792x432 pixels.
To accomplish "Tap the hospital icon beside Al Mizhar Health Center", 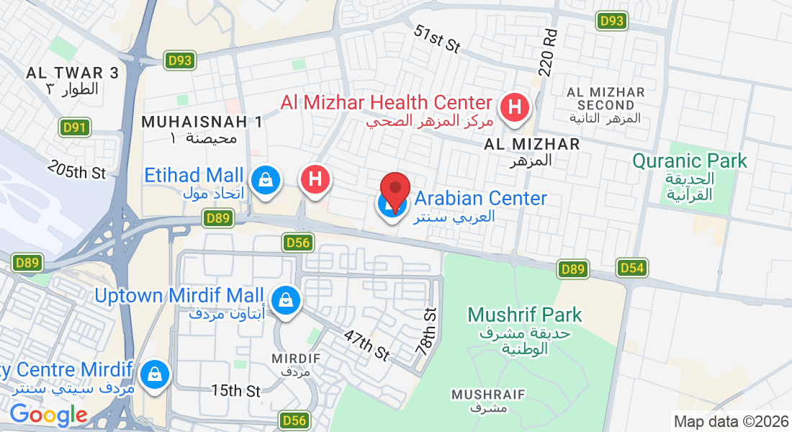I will tap(515, 108).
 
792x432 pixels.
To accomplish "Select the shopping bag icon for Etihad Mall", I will tap(266, 179).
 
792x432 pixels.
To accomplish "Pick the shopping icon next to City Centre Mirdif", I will tap(154, 374).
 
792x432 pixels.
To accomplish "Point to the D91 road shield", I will tap(74, 128).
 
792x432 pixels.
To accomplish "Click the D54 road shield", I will tap(632, 269).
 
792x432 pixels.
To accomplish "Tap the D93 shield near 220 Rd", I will tap(611, 21).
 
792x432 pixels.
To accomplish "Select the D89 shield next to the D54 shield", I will tap(573, 269).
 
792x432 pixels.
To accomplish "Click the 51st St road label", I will tap(437, 39).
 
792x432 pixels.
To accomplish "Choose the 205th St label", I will tap(77, 170).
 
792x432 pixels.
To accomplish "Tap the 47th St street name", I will tap(366, 346).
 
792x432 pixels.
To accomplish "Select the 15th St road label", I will tap(235, 390).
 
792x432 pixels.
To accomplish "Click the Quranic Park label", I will tap(690, 161).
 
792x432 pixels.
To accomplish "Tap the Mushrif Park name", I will tap(524, 315).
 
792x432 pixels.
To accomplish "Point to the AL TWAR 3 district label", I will tap(72, 73).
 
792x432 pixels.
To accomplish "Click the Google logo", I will tap(48, 415).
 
